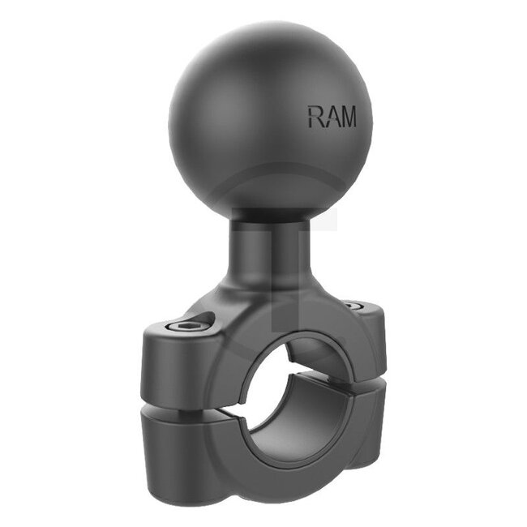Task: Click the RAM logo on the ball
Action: [331, 116]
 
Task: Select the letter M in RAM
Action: [346, 116]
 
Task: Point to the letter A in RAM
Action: [330, 116]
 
